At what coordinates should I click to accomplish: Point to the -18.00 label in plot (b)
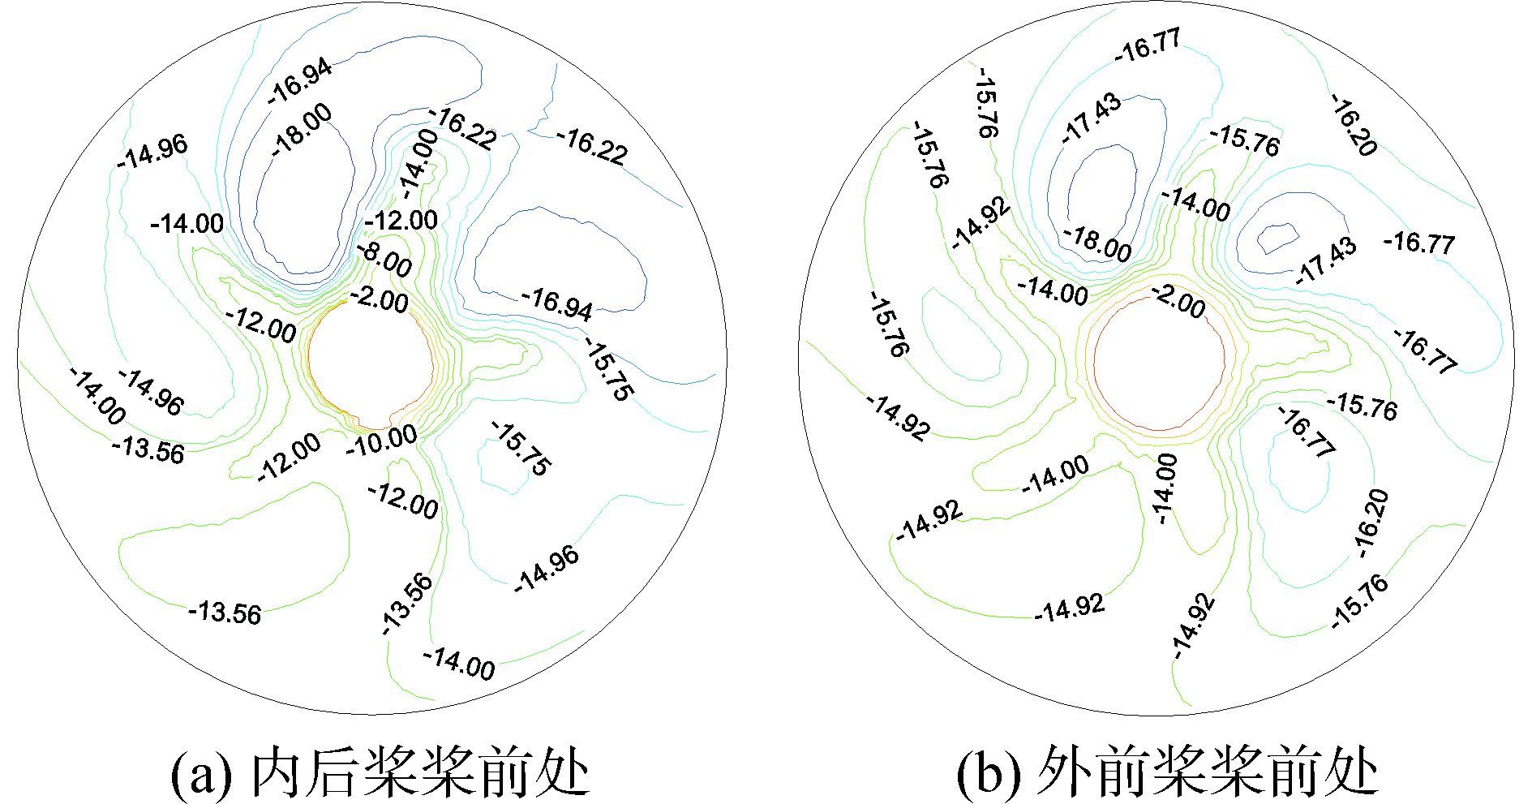tap(1097, 243)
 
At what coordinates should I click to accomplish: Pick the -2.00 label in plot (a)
tap(379, 300)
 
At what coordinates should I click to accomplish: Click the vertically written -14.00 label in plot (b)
tap(1165, 488)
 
